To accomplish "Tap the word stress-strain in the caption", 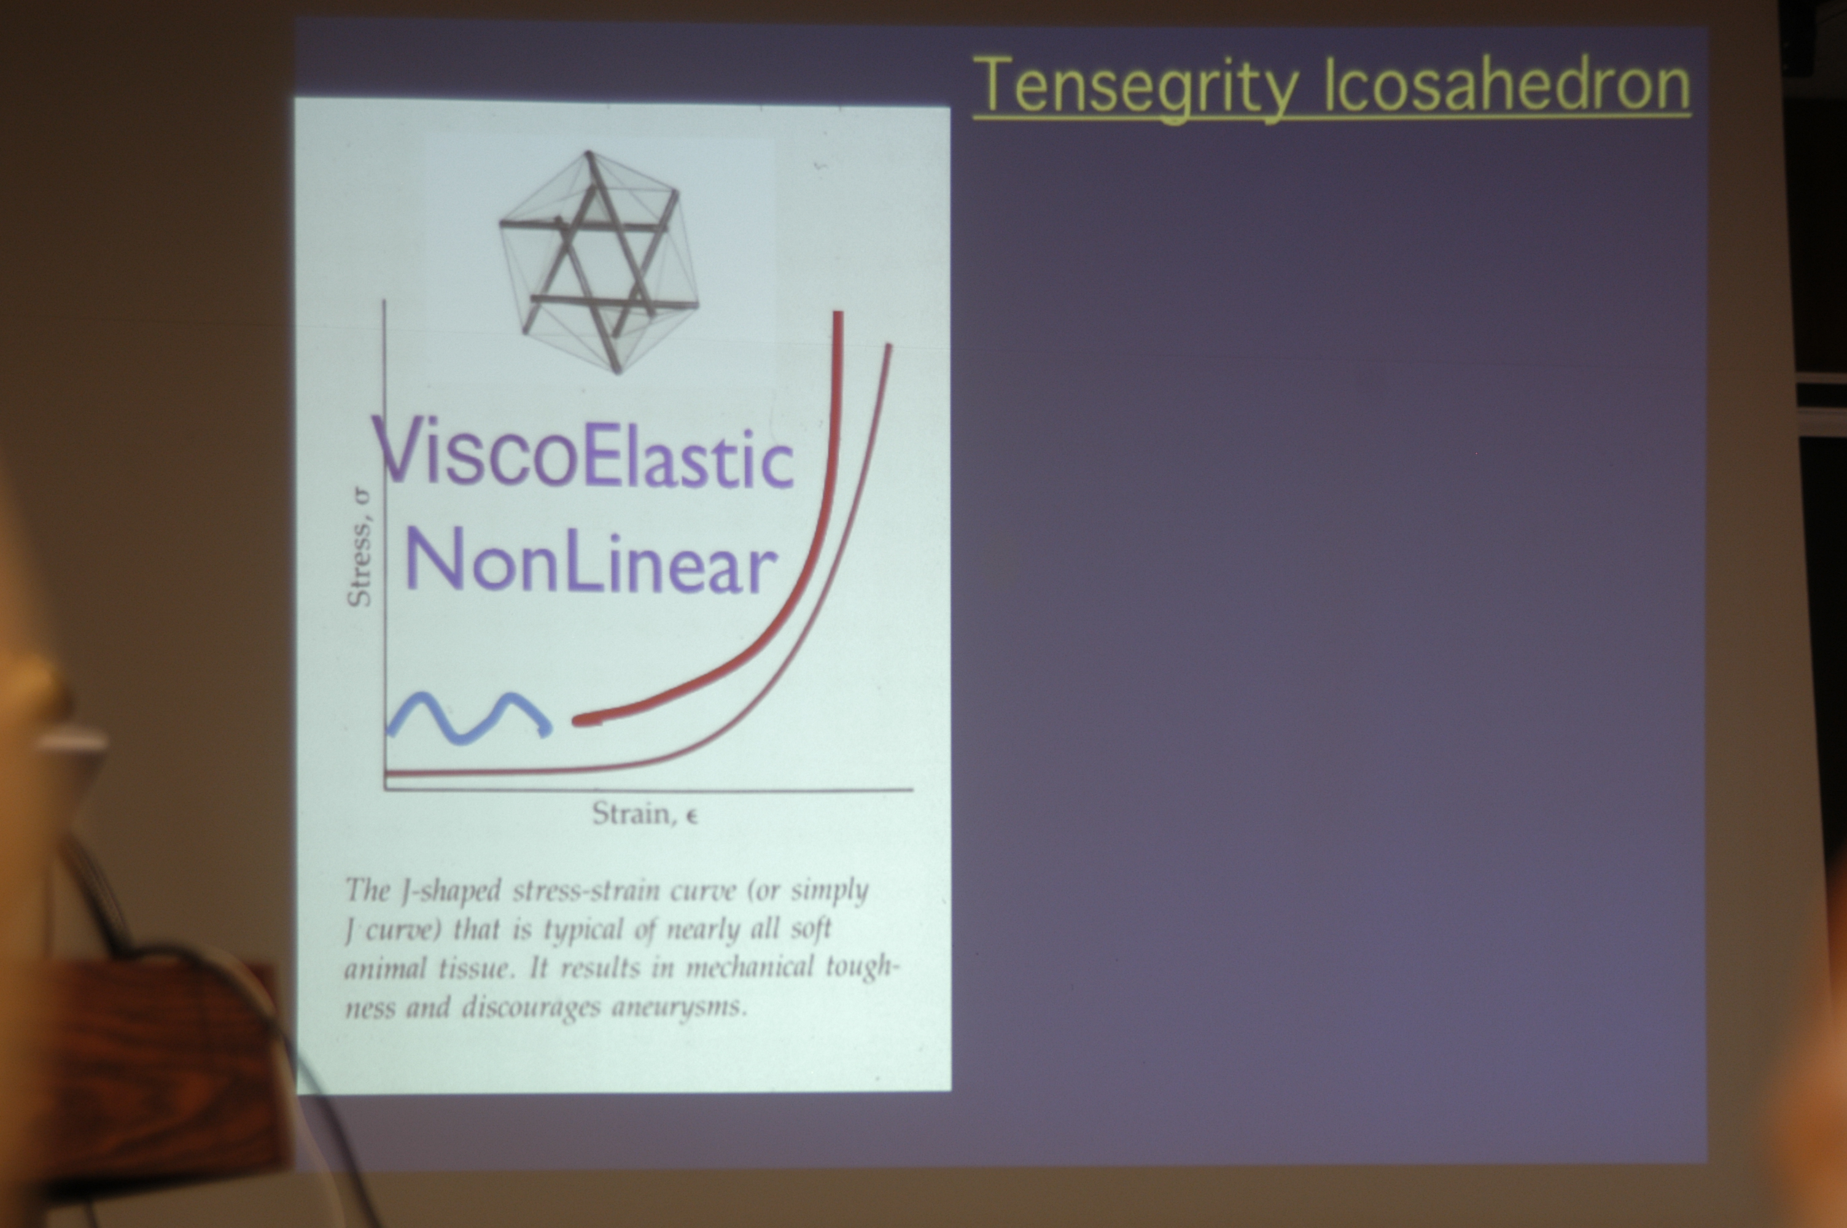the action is [x=586, y=890].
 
